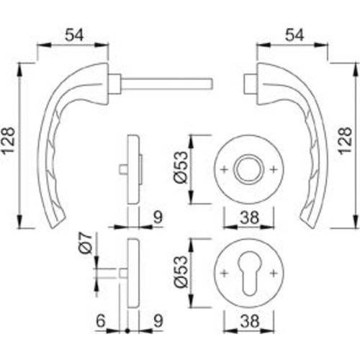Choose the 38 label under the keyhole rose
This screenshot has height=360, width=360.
point(248,324)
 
